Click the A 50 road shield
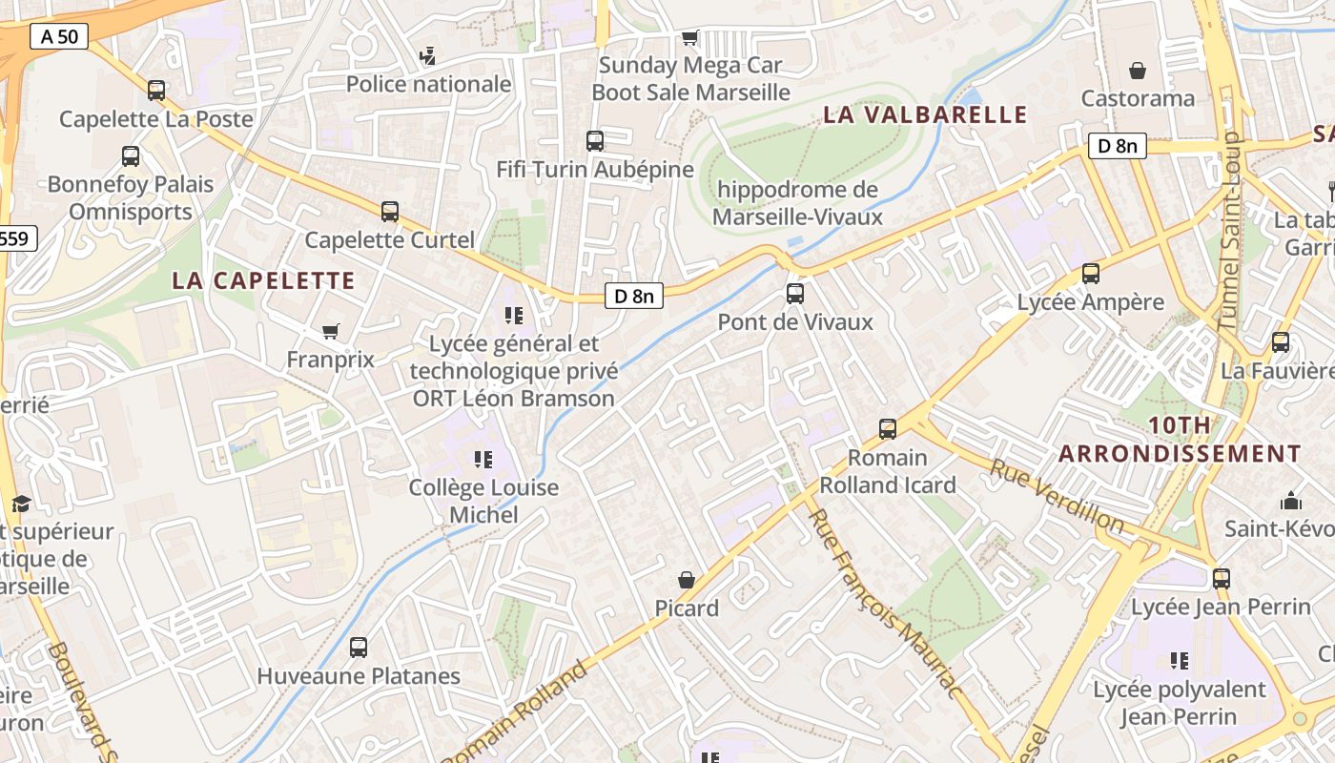point(59,37)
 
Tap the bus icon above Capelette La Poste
point(156,91)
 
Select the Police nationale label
point(428,84)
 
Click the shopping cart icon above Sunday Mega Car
point(690,38)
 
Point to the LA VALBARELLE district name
point(925,115)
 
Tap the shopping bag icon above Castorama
point(1138,71)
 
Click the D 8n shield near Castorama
point(1118,146)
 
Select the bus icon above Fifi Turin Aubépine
point(595,141)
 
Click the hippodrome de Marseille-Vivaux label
point(797,203)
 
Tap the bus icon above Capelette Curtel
point(390,212)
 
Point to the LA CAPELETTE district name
point(263,280)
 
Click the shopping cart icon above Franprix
point(331,332)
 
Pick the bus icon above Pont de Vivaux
point(795,294)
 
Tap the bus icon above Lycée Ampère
point(1091,275)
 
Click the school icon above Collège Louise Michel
point(483,460)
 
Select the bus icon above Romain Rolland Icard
point(888,429)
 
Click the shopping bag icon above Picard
point(687,580)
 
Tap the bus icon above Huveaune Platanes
point(359,648)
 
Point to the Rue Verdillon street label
point(1057,497)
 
